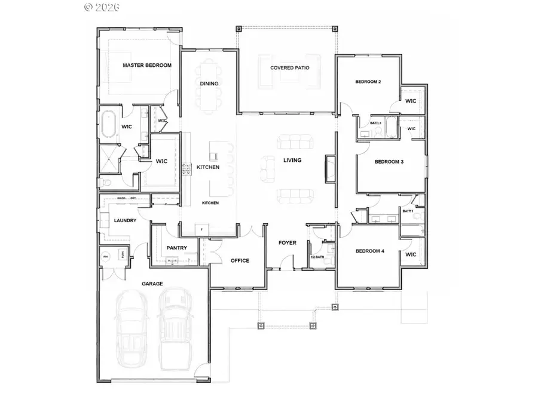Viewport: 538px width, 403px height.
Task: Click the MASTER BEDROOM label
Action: pos(146,65)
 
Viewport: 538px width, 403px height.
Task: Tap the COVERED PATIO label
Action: pos(289,68)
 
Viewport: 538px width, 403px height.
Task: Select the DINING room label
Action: pos(209,84)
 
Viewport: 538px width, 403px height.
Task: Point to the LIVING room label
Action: pos(292,160)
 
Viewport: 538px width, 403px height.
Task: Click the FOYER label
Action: pos(288,243)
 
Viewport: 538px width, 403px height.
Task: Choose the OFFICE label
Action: pos(240,260)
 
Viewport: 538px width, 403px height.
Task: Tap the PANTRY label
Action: pos(177,248)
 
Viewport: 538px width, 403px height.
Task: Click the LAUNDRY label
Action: pos(125,220)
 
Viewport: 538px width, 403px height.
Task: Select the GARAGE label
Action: pos(152,284)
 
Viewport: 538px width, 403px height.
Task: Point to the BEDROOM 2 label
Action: pos(368,82)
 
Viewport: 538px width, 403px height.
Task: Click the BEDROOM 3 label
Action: pos(389,162)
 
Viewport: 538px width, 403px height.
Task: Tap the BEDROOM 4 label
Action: pos(370,251)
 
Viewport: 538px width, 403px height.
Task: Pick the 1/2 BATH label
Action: pos(317,257)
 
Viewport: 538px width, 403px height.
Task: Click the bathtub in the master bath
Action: pos(109,126)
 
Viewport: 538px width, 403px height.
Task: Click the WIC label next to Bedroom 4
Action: pos(410,255)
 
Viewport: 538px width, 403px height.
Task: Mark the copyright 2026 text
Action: pos(102,7)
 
